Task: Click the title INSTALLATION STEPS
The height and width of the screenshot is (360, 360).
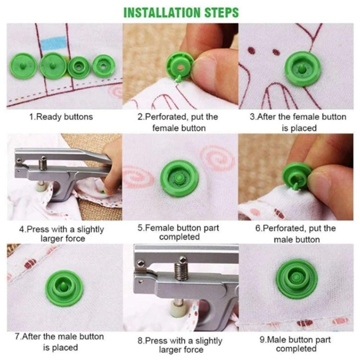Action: pyautogui.click(x=181, y=12)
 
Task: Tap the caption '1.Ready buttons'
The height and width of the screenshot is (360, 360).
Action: pyautogui.click(x=61, y=117)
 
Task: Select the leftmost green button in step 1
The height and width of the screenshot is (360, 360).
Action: pyautogui.click(x=23, y=66)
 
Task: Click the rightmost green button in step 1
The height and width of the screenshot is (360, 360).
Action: pyautogui.click(x=104, y=66)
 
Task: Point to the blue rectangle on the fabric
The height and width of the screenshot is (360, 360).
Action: pyautogui.click(x=54, y=43)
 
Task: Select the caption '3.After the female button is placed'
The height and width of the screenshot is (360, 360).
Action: pyautogui.click(x=298, y=122)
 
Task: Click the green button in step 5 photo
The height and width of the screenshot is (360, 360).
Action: pyautogui.click(x=179, y=178)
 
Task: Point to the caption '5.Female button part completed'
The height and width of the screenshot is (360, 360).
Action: pyautogui.click(x=179, y=232)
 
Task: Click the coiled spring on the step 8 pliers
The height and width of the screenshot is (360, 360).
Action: pyautogui.click(x=181, y=270)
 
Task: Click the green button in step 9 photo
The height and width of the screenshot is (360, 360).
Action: pyautogui.click(x=297, y=279)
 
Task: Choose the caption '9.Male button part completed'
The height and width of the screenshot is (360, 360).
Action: pyautogui.click(x=298, y=344)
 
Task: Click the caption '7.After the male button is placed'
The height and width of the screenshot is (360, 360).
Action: pyautogui.click(x=60, y=342)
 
